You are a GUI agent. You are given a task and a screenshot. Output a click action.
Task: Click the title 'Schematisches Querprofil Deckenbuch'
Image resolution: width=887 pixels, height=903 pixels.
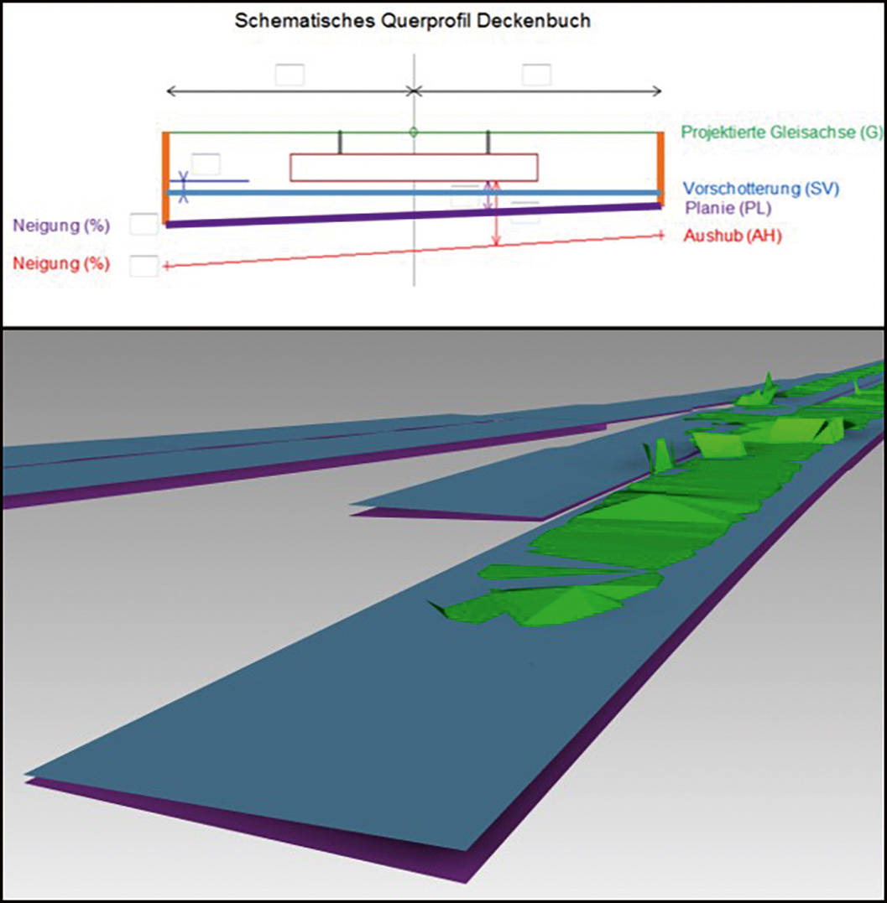[x=411, y=21]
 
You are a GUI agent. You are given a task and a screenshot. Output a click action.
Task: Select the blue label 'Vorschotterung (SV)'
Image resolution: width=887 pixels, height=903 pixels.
[x=761, y=189]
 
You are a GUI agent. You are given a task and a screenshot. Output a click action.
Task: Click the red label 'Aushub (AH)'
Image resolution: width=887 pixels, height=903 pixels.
[x=733, y=236]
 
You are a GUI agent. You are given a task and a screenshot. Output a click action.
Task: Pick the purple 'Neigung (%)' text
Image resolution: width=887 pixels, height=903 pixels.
[x=62, y=226]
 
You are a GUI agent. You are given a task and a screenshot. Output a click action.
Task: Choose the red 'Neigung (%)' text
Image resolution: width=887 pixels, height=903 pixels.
[x=62, y=264]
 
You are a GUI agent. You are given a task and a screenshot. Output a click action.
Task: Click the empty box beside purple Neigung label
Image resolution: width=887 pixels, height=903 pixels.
[x=143, y=225]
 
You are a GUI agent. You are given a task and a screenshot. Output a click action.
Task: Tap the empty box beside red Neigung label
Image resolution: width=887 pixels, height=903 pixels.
[x=143, y=266]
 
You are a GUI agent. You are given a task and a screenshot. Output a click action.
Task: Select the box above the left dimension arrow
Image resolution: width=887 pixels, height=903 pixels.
[x=290, y=75]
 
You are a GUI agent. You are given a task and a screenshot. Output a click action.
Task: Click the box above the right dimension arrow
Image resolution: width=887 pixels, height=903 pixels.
[x=536, y=75]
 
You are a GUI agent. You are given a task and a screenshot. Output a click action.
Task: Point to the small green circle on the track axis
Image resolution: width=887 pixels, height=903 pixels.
[x=413, y=132]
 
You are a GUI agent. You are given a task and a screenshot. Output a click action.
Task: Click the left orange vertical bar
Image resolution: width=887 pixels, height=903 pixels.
[x=166, y=178]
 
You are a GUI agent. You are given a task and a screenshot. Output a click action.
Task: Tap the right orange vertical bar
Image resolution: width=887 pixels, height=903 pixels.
[x=660, y=168]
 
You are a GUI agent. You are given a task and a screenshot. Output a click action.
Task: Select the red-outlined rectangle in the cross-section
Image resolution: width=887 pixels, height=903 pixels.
[x=413, y=168]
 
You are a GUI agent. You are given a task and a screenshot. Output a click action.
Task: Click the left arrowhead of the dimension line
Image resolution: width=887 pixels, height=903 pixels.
[x=171, y=91]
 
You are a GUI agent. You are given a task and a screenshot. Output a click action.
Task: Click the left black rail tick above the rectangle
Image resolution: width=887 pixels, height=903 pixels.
[x=340, y=143]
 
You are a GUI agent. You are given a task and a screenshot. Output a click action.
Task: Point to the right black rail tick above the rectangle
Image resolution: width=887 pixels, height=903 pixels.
[x=488, y=143]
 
